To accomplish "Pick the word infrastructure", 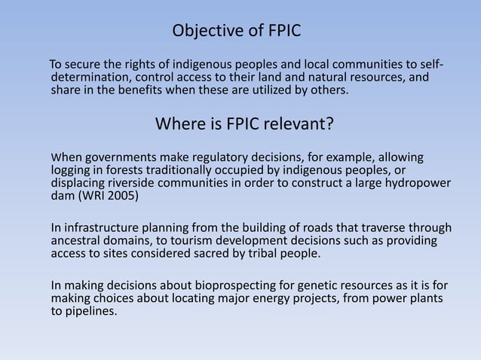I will pyautogui.click(x=102, y=228).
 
